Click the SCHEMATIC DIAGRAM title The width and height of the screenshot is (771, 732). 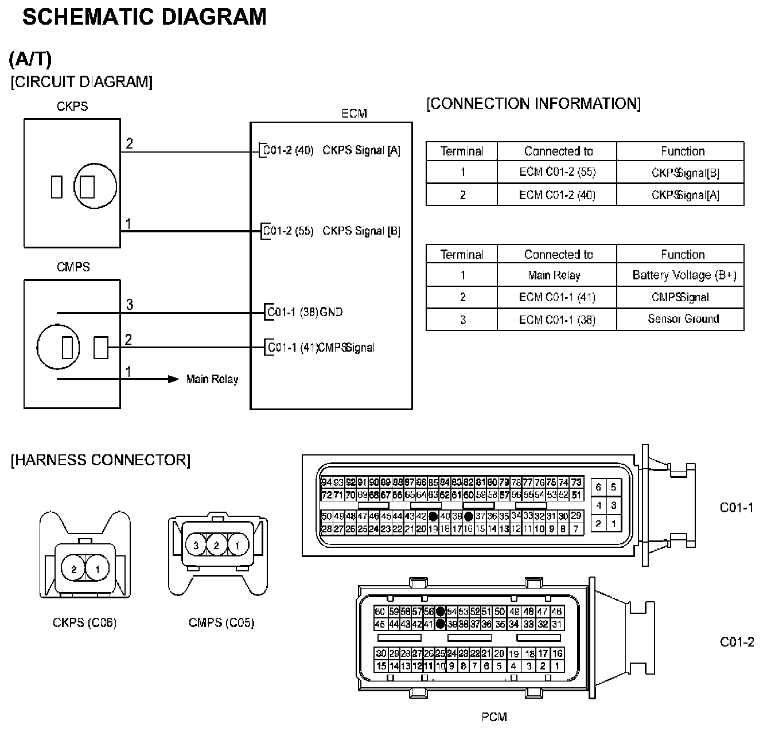pos(144,17)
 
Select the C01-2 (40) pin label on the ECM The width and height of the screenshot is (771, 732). pos(288,150)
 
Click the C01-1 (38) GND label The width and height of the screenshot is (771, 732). pos(305,312)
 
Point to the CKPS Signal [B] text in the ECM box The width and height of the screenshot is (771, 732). pos(361,231)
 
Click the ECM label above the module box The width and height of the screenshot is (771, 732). pos(354,114)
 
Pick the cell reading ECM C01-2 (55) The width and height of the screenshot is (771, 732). pos(557,172)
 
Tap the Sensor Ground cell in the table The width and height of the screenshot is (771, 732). pos(683,319)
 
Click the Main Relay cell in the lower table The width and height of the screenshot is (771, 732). pos(554,275)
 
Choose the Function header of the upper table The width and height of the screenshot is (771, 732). pos(683,151)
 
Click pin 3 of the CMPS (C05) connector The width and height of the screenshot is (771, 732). pos(196,545)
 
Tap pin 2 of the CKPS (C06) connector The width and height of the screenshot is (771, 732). pos(74,570)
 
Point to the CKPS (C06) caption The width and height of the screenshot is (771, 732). pos(85,622)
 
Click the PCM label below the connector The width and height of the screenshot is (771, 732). pos(494,717)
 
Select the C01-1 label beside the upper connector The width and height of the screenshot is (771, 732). pos(737,507)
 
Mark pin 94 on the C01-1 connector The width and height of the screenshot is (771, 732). pos(326,482)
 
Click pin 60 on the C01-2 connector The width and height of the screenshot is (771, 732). pos(380,612)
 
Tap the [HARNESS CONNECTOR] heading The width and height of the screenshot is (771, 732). pos(100,460)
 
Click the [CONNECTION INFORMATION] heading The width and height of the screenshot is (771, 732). pos(534,103)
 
